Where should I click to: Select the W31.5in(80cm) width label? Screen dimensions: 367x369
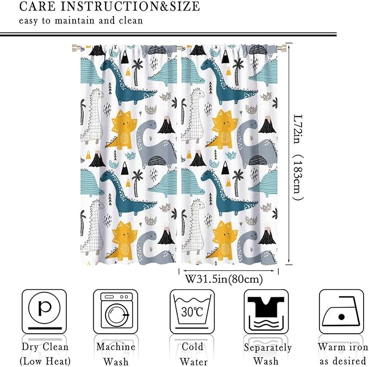(224, 279)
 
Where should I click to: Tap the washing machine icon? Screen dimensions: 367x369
(114, 312)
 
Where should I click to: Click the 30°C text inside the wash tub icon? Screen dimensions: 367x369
(192, 312)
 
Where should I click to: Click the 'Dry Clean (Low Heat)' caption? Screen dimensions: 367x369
(45, 353)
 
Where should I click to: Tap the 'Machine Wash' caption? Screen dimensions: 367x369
(115, 353)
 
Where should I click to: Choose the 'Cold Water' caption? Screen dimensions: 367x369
(192, 353)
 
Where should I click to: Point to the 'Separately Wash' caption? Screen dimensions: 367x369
(267, 354)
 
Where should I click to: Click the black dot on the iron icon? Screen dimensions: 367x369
(341, 316)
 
